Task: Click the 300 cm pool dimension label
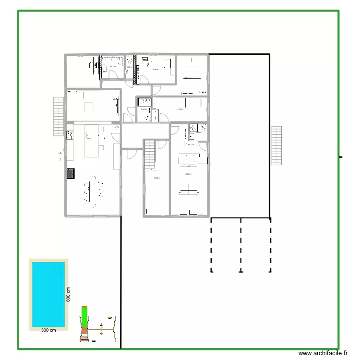click(x=48, y=330)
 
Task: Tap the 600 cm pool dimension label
click(x=69, y=294)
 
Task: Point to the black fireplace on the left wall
click(x=71, y=173)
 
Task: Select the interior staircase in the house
click(x=150, y=155)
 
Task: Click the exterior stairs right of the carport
click(x=276, y=145)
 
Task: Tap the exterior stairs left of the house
click(x=58, y=116)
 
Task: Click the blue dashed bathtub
click(x=111, y=61)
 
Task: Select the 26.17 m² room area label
click(x=188, y=174)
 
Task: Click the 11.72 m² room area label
click(x=180, y=109)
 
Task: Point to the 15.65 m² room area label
click(x=156, y=178)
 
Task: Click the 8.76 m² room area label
click(x=155, y=70)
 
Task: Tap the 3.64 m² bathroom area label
click(x=144, y=109)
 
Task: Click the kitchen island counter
click(x=92, y=141)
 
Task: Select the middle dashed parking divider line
click(x=241, y=245)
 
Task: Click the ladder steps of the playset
click(x=84, y=334)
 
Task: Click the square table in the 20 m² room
click(x=89, y=106)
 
